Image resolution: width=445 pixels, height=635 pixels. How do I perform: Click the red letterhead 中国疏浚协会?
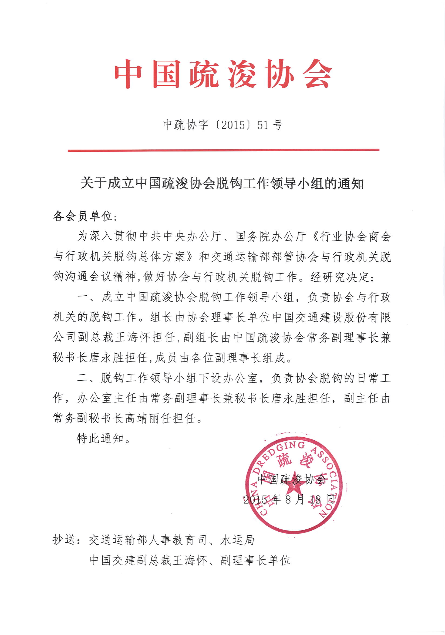pos(223,74)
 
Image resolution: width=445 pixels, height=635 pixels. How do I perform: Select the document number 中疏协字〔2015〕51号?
pos(223,125)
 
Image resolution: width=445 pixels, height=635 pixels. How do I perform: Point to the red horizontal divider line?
pos(224,150)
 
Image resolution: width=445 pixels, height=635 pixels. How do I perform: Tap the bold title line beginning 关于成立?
pos(222,183)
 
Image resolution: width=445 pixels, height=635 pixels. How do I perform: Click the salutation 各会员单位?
pos(83,216)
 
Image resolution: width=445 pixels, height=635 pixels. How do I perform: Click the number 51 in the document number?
pos(263,125)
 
